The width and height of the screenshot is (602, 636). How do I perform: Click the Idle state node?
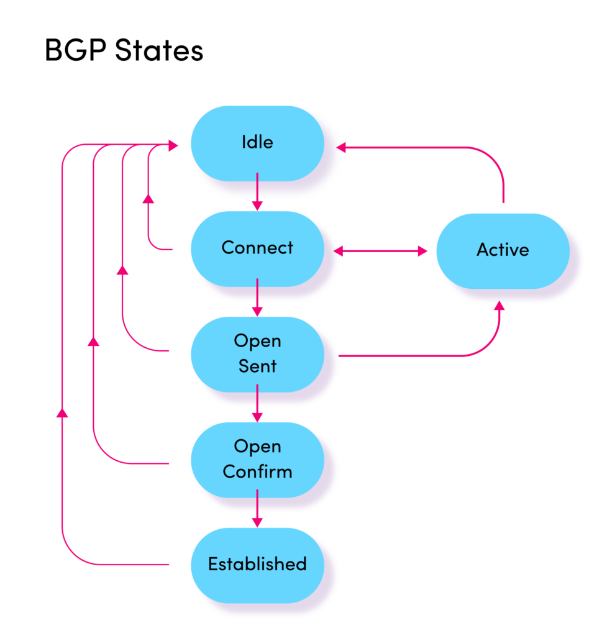[x=257, y=143]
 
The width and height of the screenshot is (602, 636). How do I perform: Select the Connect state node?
[x=257, y=248]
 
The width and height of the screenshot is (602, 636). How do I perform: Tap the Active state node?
[x=503, y=250]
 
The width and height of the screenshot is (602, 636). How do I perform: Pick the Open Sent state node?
[x=257, y=354]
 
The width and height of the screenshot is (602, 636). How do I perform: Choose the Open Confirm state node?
[x=257, y=460]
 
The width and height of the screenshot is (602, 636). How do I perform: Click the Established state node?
[x=257, y=565]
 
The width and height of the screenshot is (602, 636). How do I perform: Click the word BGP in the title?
[x=73, y=52]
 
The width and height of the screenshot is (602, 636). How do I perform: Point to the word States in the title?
[x=158, y=52]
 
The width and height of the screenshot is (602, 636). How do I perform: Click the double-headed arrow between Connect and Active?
[x=380, y=251]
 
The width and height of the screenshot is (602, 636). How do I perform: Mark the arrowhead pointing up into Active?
[x=499, y=305]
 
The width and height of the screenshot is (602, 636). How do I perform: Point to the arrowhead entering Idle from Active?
[x=341, y=147]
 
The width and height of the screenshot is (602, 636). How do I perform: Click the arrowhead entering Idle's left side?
[x=173, y=145]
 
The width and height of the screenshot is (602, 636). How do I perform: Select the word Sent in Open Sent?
[x=257, y=366]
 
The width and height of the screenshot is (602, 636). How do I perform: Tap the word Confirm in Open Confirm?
[x=257, y=471]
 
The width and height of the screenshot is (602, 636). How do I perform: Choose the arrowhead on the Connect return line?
[x=148, y=198]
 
